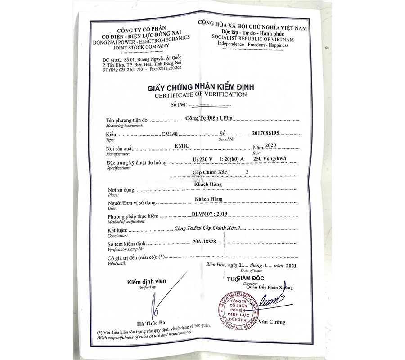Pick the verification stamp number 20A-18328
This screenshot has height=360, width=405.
point(203,242)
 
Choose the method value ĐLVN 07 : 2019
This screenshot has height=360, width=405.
point(204,215)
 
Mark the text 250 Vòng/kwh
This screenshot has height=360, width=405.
point(271,159)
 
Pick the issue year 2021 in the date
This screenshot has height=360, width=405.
point(291,266)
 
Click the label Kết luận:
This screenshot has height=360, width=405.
point(117,230)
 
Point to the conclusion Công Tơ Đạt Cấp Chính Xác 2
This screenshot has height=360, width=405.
point(207,229)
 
